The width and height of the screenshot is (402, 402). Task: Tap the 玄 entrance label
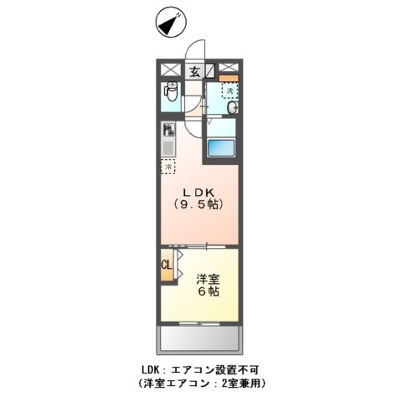pos(193,72)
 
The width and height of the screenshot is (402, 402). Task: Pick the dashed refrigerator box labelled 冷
pos(167,166)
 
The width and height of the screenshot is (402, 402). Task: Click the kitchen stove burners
pos(167,131)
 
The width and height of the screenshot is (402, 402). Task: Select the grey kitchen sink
pos(167,147)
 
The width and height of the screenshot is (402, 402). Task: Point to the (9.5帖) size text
pos(198,204)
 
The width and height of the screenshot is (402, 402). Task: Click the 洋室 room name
pos(209,279)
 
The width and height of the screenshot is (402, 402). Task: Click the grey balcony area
pos(199,338)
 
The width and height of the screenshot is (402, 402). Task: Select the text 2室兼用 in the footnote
pos(241,384)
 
